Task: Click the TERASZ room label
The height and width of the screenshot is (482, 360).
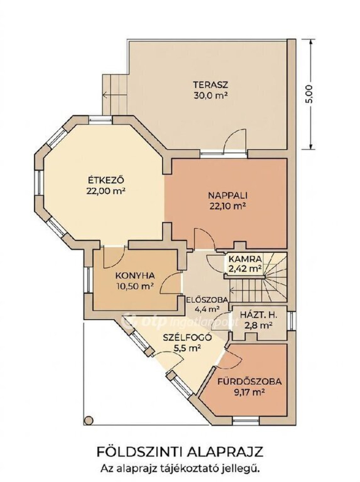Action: pos(210,84)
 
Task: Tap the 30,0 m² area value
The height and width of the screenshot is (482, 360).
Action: pos(210,96)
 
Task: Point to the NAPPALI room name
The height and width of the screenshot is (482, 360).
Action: pos(228,195)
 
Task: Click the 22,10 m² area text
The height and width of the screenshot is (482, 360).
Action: pos(228,207)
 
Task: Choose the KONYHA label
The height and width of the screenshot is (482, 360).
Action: pos(135,275)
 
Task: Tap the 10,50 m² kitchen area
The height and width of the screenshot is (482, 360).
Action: pos(135,286)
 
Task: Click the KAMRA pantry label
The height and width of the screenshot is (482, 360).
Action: pos(245,259)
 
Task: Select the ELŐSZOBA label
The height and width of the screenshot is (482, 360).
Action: pos(207,300)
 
